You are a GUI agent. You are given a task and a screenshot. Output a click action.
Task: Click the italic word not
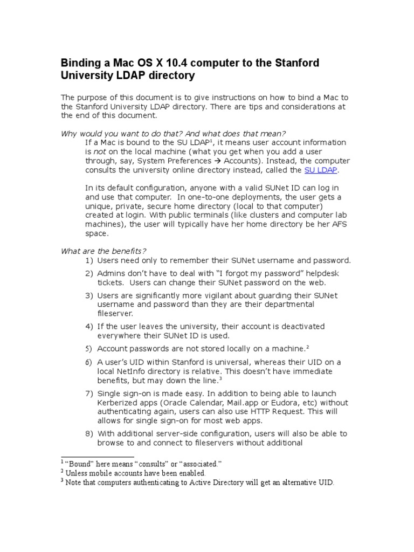(x=99, y=152)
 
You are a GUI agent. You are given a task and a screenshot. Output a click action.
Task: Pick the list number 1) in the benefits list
(x=89, y=260)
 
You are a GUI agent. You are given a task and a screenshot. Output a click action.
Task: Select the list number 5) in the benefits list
(x=89, y=349)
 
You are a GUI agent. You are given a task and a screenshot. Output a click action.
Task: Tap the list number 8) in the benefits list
(x=89, y=433)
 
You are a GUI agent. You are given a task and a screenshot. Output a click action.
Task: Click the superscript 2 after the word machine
(x=307, y=347)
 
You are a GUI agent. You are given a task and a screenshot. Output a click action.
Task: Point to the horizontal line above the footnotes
(x=86, y=457)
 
